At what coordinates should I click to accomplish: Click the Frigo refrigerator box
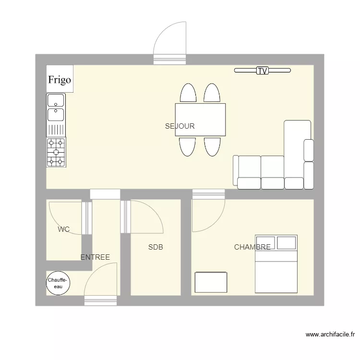tap(60, 79)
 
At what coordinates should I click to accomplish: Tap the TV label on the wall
tap(263, 71)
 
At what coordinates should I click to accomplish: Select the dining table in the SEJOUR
tap(201, 120)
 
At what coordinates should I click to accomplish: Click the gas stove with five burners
tap(56, 152)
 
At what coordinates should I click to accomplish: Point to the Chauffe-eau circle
tap(58, 283)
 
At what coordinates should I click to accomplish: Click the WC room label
tap(63, 229)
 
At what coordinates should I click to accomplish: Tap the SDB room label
tap(156, 247)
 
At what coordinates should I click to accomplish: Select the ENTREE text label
tap(95, 257)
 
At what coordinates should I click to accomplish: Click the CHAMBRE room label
tap(252, 247)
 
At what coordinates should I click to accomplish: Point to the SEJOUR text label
tap(180, 126)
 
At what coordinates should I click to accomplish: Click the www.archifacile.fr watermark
tap(330, 335)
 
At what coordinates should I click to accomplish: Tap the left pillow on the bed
tap(265, 243)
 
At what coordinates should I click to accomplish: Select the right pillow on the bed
tap(286, 243)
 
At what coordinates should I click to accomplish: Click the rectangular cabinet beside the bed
tap(211, 282)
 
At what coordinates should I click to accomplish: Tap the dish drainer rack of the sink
tap(56, 130)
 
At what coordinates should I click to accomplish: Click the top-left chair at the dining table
tap(188, 93)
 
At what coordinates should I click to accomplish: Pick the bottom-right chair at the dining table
tap(212, 147)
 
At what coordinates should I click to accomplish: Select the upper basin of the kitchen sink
tap(56, 100)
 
